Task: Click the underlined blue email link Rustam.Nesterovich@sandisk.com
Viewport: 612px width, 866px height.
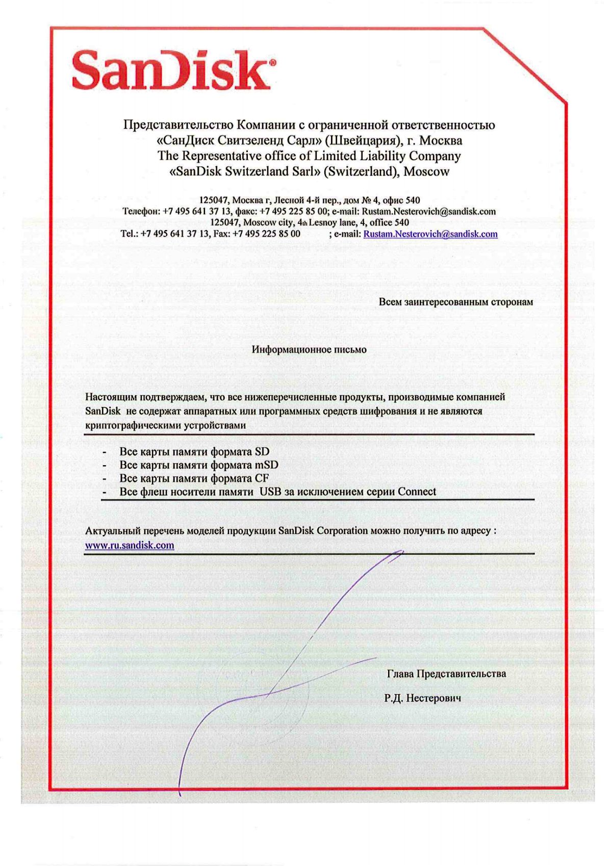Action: [430, 234]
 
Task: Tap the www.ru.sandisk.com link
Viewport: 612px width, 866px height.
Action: [130, 545]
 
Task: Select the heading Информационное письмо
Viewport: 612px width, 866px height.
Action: [309, 350]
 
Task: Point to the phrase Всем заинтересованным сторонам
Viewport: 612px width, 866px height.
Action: [455, 302]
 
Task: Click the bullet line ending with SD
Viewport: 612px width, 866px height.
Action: [194, 452]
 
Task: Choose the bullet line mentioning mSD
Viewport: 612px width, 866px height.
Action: [199, 465]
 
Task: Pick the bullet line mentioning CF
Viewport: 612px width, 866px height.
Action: [194, 478]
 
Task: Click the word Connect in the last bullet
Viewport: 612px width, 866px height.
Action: [417, 492]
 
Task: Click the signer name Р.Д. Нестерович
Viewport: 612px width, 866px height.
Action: [422, 698]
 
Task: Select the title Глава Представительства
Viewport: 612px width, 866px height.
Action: [446, 674]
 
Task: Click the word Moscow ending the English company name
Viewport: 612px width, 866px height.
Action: [426, 171]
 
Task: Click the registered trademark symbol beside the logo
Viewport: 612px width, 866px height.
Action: [272, 63]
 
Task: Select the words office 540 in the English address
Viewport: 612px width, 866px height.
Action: [389, 222]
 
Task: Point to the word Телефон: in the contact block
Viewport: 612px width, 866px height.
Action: [141, 211]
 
